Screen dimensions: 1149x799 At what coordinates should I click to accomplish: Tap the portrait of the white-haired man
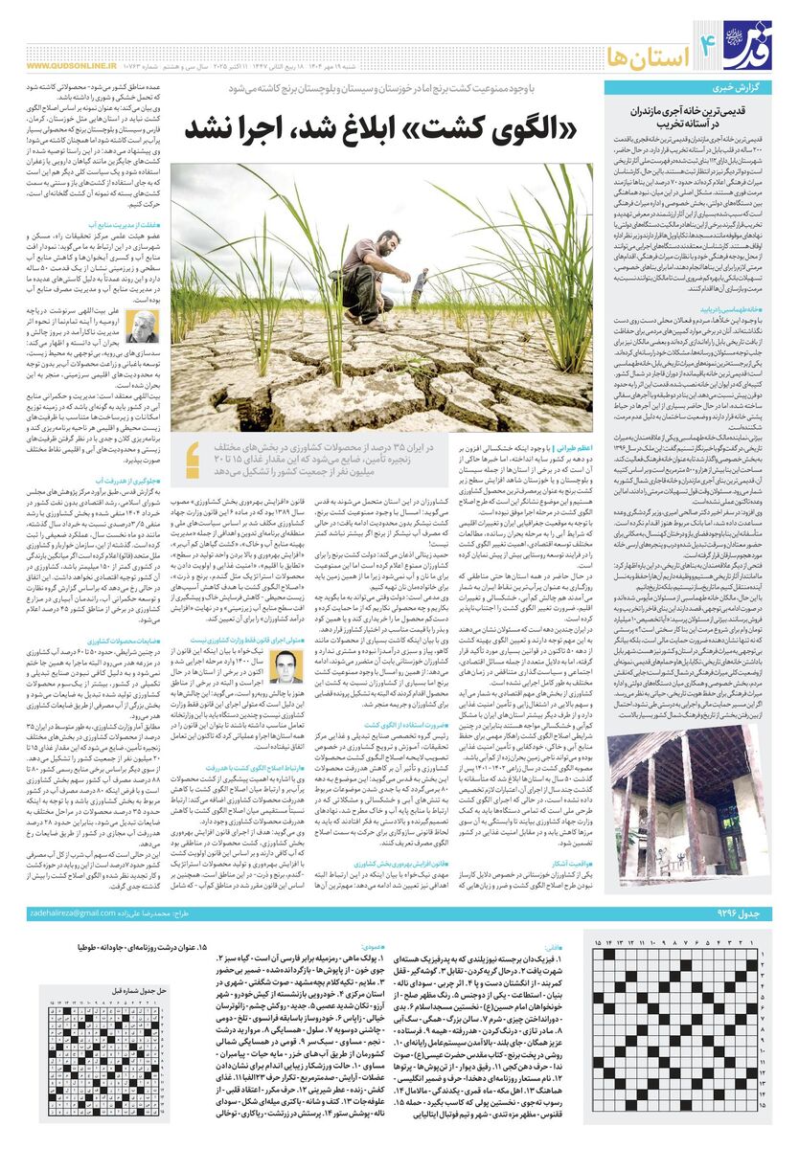pos(143,327)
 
